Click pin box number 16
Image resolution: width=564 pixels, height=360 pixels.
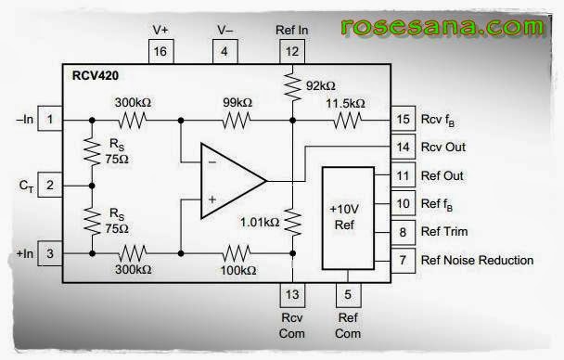point(161,51)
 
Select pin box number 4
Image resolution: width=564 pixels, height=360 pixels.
point(224,51)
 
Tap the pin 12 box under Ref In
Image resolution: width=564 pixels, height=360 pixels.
point(292,51)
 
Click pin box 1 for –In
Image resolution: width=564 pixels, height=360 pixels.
point(50,119)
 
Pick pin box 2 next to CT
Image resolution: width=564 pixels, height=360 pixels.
point(50,185)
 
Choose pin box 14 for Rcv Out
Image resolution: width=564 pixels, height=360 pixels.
point(403,147)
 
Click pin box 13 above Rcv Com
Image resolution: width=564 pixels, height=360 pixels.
point(292,295)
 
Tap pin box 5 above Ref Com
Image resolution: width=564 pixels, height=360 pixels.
point(348,295)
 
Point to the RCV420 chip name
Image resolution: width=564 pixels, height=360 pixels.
point(96,75)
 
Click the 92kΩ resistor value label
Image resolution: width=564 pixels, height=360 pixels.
point(320,86)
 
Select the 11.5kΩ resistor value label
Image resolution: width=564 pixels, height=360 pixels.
point(345,104)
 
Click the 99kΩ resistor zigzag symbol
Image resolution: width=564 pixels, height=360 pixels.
point(237,121)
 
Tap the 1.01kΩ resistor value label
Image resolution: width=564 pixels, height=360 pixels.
point(260,223)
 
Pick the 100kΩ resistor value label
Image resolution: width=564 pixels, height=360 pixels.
point(238,270)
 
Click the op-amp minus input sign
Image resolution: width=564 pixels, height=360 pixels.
point(212,162)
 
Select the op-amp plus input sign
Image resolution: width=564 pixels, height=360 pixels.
point(212,199)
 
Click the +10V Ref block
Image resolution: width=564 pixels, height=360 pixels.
point(348,218)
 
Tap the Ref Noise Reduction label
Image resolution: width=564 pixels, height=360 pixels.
point(478,260)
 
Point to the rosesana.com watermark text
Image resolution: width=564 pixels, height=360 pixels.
point(442,26)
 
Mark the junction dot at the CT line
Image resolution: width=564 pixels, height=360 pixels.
point(92,186)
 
